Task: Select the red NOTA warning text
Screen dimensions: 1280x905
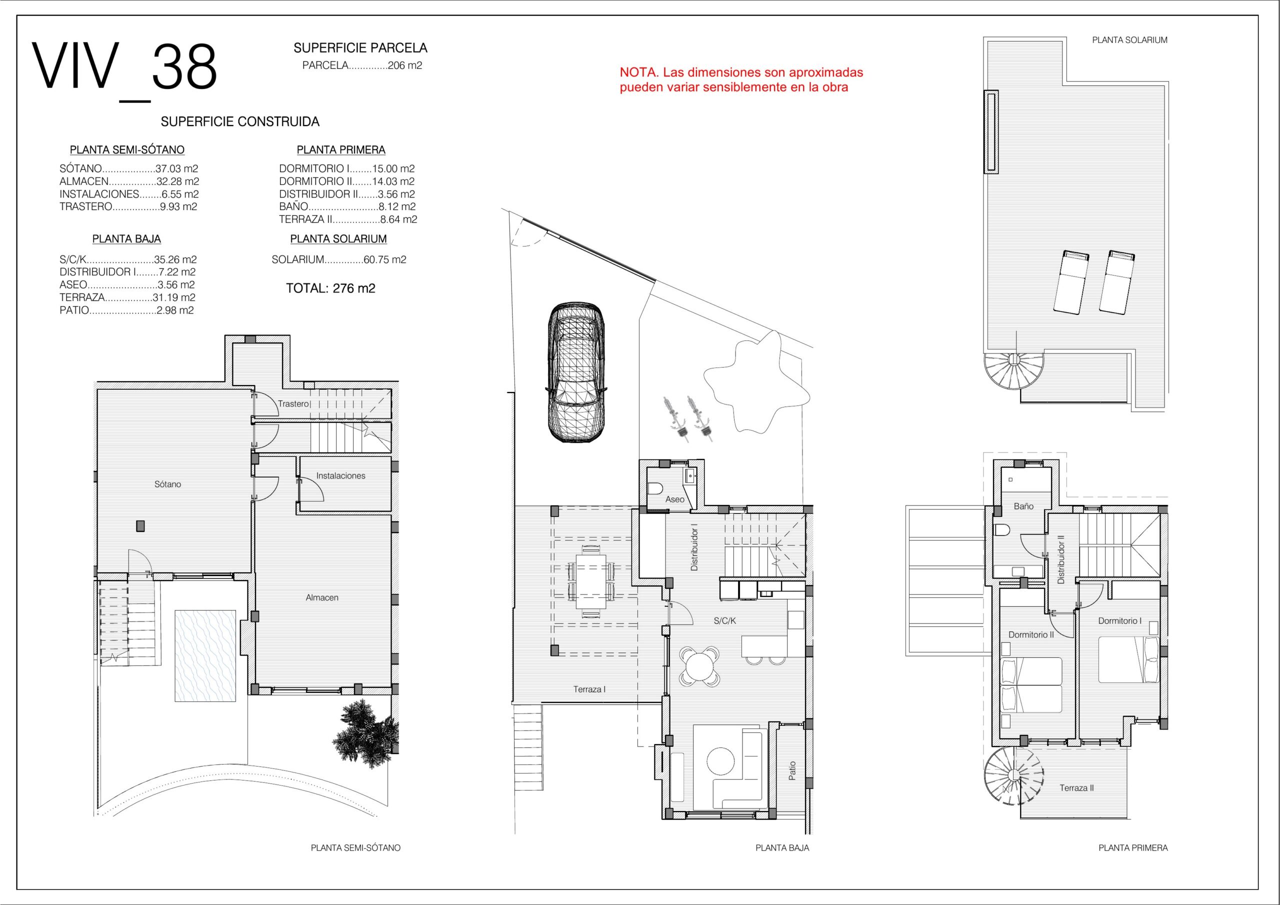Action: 741,79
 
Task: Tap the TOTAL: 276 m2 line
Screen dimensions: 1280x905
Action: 330,288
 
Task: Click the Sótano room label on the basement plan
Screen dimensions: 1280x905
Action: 168,484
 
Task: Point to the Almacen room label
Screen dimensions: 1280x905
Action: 322,597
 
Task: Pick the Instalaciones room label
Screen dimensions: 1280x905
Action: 340,475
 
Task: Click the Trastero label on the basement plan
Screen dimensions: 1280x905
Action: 293,403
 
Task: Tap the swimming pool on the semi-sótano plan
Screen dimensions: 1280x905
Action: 205,654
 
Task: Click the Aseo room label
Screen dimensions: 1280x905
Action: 674,499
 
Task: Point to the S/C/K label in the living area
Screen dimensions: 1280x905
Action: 724,620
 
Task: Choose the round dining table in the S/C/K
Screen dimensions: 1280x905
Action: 699,666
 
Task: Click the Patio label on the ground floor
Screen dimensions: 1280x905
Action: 792,770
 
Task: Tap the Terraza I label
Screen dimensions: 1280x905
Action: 589,689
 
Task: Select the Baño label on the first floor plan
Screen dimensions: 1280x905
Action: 1023,506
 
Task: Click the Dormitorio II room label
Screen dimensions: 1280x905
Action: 1031,634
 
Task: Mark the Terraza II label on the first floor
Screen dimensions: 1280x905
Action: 1076,788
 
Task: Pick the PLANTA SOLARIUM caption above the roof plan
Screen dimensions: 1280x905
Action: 1129,40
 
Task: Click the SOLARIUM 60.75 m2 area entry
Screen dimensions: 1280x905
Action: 339,259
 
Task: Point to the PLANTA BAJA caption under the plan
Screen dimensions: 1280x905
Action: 782,847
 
